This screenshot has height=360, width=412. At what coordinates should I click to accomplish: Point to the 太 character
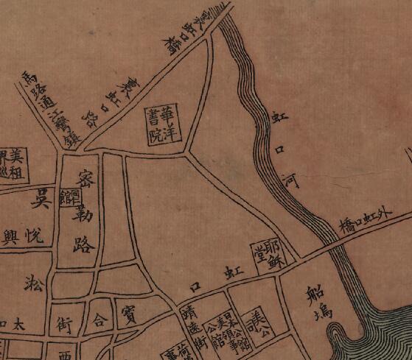[x=22, y=323]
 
